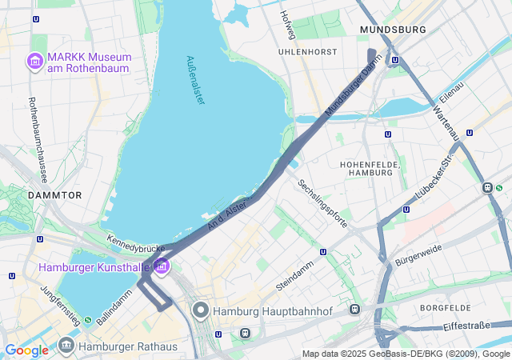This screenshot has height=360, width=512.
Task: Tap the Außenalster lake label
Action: coord(194,79)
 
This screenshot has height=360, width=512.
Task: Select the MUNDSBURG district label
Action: coord(393,30)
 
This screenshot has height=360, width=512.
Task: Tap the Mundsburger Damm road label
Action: coord(350,90)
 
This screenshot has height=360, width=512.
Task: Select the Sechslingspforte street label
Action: coord(322,203)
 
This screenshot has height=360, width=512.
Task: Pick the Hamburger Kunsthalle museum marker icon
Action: coord(162,266)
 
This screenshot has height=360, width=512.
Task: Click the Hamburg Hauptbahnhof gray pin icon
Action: coord(200,310)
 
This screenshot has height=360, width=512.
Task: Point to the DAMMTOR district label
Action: coord(54,194)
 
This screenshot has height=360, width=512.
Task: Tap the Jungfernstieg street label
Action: coord(60,305)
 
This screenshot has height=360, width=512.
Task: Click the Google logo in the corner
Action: coord(26,350)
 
